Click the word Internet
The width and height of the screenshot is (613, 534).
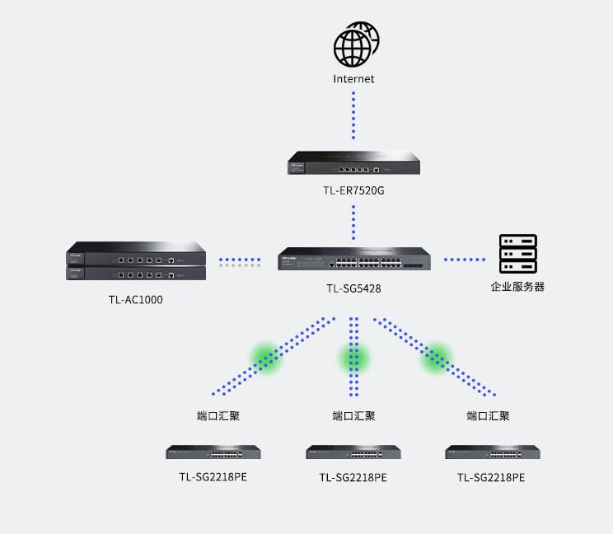(x=353, y=79)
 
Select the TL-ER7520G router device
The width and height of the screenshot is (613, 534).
(x=353, y=164)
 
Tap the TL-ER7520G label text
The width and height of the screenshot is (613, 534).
(x=353, y=191)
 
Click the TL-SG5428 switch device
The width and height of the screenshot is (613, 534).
(x=353, y=259)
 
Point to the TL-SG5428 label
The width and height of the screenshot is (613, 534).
(x=353, y=288)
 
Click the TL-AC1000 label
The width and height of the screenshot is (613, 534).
(x=135, y=300)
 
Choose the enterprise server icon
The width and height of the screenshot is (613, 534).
(x=517, y=254)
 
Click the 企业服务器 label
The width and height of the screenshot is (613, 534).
(x=517, y=287)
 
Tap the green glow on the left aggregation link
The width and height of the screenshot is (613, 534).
(x=266, y=357)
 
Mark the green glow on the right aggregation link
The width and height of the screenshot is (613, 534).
(x=437, y=357)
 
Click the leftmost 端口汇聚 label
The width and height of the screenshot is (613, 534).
(x=218, y=416)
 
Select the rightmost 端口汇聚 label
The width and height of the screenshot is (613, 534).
(x=488, y=416)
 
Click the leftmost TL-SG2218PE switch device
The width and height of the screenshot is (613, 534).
(x=213, y=452)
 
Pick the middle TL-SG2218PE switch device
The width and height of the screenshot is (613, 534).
(x=353, y=452)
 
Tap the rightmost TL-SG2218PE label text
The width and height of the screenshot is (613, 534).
(x=491, y=477)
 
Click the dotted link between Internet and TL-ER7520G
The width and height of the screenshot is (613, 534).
(x=353, y=115)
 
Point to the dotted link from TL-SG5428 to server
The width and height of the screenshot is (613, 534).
(x=465, y=260)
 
